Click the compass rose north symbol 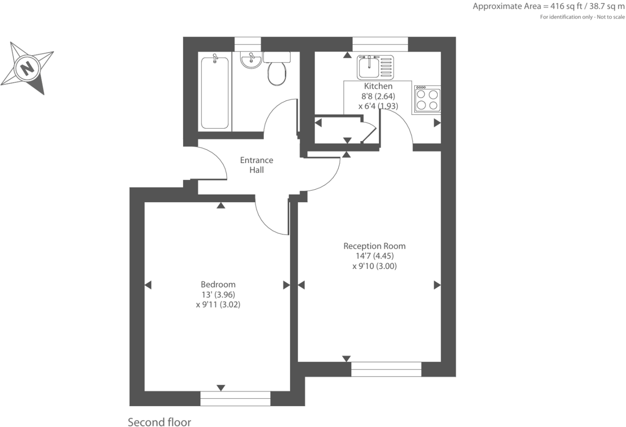pos(27,67)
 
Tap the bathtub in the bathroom pos(215,92)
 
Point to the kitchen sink pos(376,67)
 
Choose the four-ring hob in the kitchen pos(427,99)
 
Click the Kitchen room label pos(378,86)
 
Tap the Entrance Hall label pos(256,165)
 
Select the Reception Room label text pos(375,246)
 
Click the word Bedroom pos(218,284)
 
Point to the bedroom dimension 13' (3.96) pos(218,295)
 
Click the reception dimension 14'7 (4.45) pos(375,256)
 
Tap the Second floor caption pos(159,422)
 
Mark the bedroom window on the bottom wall pos(236,398)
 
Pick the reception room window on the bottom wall pos(386,369)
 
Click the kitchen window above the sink pos(380,44)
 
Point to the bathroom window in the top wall pos(248,44)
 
